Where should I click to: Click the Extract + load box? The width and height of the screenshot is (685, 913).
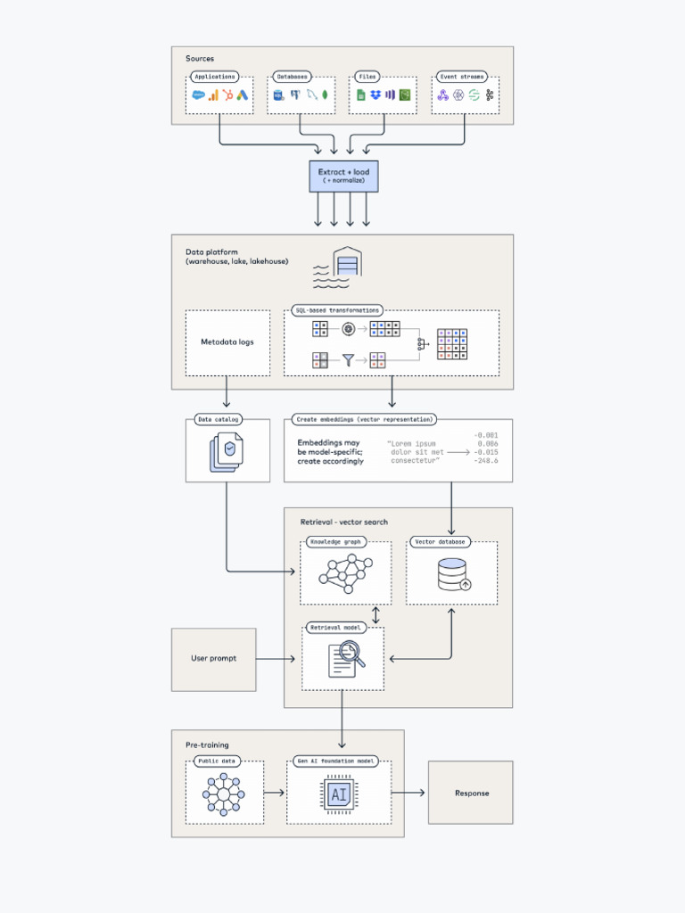[x=343, y=175]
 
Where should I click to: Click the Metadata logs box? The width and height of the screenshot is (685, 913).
[x=227, y=341]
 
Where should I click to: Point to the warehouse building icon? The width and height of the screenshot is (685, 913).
[x=347, y=264]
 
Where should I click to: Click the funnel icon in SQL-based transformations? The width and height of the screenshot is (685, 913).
[x=348, y=359]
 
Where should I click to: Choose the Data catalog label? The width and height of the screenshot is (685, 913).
[x=218, y=419]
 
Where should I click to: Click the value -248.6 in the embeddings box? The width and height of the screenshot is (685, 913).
[x=486, y=461]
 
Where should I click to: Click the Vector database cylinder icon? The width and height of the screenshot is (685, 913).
[x=452, y=575]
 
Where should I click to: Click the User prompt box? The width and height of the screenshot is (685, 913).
[x=213, y=659]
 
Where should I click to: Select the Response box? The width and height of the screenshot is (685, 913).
[x=471, y=793]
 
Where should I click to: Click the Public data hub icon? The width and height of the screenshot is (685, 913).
[x=223, y=793]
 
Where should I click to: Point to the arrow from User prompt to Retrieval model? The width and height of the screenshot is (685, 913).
[x=276, y=659]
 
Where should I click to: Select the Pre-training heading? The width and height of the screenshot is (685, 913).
[x=207, y=744]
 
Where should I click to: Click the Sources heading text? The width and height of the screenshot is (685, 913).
[x=200, y=59]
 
